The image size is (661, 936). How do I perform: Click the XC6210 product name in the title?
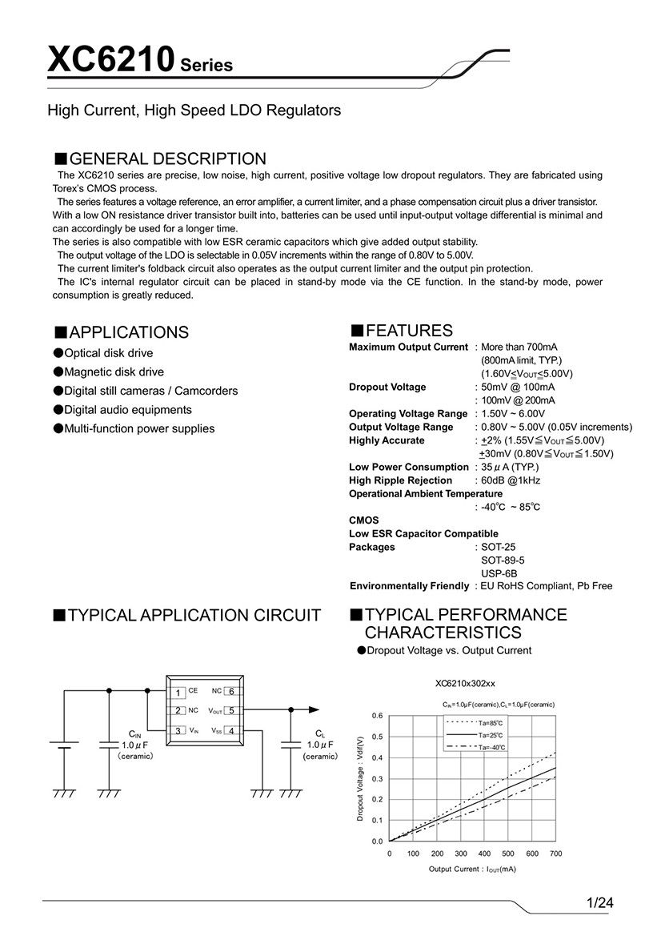tap(110, 61)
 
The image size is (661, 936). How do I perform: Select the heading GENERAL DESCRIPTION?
tap(166, 159)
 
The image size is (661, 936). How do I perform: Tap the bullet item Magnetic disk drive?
tap(114, 372)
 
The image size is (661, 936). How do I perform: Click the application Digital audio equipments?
tap(128, 410)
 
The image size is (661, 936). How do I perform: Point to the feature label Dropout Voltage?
tap(387, 387)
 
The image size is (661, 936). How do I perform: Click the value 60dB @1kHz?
tap(511, 480)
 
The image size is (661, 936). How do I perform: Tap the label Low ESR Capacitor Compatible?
tap(423, 533)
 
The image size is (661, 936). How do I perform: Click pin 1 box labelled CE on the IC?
tap(180, 692)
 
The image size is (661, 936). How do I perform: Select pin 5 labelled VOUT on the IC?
tap(230, 710)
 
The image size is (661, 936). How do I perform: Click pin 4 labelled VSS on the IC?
tap(230, 730)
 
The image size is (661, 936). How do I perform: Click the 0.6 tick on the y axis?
tap(377, 715)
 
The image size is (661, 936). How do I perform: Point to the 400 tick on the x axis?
tap(484, 854)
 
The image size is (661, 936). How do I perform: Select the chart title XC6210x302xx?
tap(465, 684)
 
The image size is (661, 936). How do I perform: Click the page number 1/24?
tap(600, 903)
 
